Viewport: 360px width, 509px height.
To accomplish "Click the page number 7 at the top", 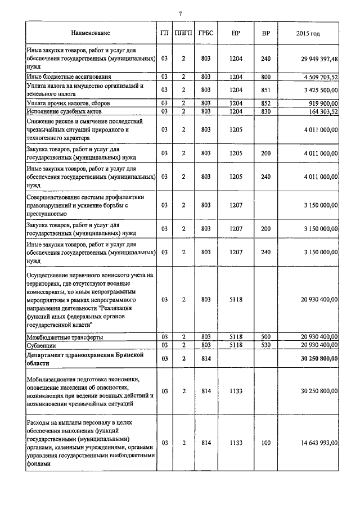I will (180, 13).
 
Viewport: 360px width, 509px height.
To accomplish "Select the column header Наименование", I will (91, 34).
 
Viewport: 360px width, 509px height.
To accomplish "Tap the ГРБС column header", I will (205, 34).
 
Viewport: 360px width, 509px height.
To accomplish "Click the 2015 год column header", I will (308, 34).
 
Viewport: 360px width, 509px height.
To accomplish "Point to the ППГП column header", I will (183, 34).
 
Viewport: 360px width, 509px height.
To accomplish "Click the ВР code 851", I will (266, 89).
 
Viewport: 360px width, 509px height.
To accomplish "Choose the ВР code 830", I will (266, 111).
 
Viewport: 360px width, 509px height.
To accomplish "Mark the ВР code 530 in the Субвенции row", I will (266, 344).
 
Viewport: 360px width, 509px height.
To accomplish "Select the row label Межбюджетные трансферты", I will (65, 337).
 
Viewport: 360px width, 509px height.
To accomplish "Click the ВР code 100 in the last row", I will (266, 443).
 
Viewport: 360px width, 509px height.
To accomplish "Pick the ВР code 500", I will (266, 337).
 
